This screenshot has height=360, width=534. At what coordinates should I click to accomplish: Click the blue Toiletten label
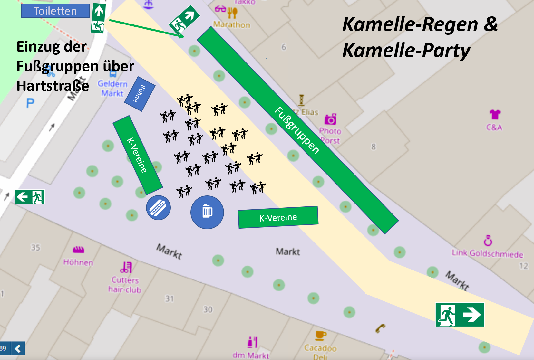click(55, 11)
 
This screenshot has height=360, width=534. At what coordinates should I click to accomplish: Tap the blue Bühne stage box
click(140, 94)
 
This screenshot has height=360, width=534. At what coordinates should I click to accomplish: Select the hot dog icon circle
click(158, 208)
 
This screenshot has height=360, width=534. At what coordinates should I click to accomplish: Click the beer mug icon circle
click(207, 212)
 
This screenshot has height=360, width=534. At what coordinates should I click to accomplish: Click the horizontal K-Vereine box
click(278, 217)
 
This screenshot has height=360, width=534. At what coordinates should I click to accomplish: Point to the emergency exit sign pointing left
click(30, 197)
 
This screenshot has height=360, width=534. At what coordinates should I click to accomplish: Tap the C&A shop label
click(494, 127)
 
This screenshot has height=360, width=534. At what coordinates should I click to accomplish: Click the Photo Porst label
click(330, 136)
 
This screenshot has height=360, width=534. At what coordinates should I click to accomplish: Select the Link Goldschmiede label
click(487, 254)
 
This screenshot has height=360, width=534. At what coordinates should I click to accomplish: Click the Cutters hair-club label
click(125, 285)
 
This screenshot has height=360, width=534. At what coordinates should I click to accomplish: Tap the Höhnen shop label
click(78, 262)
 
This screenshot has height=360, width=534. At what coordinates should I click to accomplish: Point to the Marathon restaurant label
click(231, 24)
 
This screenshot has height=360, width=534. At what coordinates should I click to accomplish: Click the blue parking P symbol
click(30, 103)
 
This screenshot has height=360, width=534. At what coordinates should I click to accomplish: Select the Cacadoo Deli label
click(320, 352)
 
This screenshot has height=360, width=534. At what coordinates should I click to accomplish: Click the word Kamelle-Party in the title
click(406, 51)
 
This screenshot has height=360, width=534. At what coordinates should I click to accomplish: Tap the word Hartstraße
click(53, 86)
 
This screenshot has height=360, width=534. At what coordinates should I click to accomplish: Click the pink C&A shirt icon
click(495, 114)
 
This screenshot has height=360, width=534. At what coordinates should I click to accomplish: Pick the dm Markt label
click(251, 355)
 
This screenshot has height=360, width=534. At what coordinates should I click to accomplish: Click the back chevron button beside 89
click(18, 348)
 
